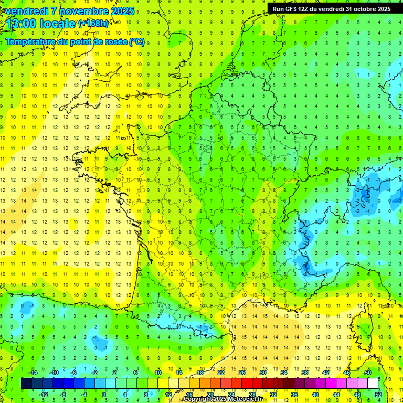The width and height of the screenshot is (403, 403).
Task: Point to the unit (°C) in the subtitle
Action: pyautogui.click(x=137, y=41)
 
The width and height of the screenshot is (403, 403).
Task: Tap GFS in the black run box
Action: pyautogui.click(x=291, y=9)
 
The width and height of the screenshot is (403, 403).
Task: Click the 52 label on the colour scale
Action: pyautogui.click(x=377, y=395)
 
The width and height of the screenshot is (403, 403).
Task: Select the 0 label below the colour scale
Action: pyautogui.click(x=104, y=395)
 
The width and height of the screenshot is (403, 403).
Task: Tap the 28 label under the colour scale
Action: pyautogui.click(x=252, y=395)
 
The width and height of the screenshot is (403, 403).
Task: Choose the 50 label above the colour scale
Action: pyautogui.click(x=367, y=373)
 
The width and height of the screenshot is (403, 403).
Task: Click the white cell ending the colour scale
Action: pyautogui.click(x=373, y=384)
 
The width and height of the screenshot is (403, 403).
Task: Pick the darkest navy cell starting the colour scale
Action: pyautogui.click(x=26, y=384)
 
